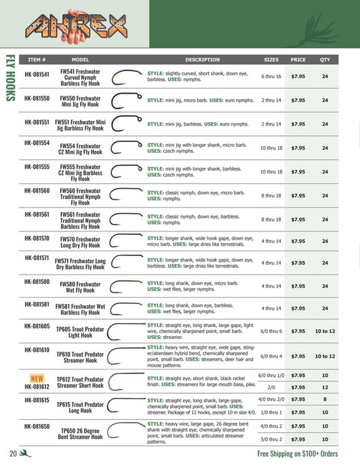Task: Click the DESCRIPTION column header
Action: (202, 59)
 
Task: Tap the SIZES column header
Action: (271, 59)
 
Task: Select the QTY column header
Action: (324, 59)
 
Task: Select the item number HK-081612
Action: (36, 386)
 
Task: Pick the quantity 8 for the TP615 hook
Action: (324, 399)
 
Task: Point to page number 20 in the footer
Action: (13, 455)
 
